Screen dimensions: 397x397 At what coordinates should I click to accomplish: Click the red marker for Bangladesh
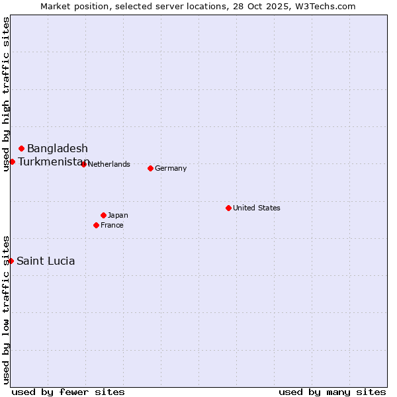click(22, 148)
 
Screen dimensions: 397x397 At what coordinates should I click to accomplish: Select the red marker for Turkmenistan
click(12, 161)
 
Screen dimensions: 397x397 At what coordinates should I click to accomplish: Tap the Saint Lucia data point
click(11, 261)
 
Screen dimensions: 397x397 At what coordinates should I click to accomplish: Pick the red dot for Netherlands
click(83, 164)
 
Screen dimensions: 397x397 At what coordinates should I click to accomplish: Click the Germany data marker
click(151, 168)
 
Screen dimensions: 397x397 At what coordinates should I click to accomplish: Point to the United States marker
click(228, 208)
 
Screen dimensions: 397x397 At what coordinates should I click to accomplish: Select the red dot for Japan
click(103, 215)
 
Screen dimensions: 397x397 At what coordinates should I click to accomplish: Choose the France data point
click(97, 225)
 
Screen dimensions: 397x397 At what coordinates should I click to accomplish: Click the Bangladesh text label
click(58, 148)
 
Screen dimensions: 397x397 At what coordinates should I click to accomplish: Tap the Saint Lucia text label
click(46, 261)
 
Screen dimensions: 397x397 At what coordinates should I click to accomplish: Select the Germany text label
click(171, 168)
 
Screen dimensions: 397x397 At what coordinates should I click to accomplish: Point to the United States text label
click(257, 208)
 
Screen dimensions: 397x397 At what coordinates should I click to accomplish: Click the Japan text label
click(118, 215)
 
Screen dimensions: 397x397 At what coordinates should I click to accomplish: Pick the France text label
click(112, 225)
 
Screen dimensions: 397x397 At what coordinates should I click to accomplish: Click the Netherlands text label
click(109, 164)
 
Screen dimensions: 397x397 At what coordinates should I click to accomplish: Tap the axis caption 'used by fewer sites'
click(68, 392)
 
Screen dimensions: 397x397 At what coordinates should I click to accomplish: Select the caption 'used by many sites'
click(332, 392)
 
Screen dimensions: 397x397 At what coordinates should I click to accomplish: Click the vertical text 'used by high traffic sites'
click(6, 94)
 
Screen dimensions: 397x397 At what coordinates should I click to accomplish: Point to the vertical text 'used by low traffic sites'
click(6, 310)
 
